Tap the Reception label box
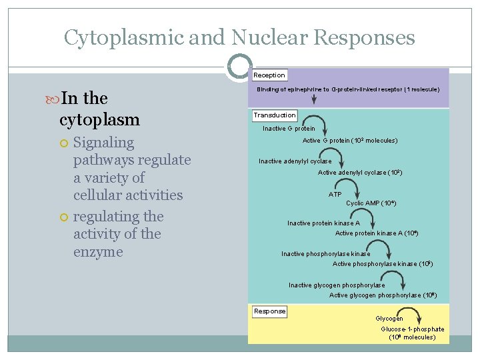pos(269,75)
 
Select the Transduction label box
pos(275,115)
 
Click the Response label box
pos(270,311)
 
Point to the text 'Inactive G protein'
pos(289,129)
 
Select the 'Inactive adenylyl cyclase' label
pos(295,161)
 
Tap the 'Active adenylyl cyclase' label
pos(359,173)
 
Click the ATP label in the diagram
pos(335,195)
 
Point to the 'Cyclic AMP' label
pos(371,203)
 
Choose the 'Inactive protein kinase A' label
pos(323,223)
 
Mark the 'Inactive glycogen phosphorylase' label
pos(337,285)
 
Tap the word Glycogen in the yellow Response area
pos(389,319)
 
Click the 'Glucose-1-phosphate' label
pos(412,329)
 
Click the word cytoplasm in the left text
pos(99,120)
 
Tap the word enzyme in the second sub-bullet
pos(98,252)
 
